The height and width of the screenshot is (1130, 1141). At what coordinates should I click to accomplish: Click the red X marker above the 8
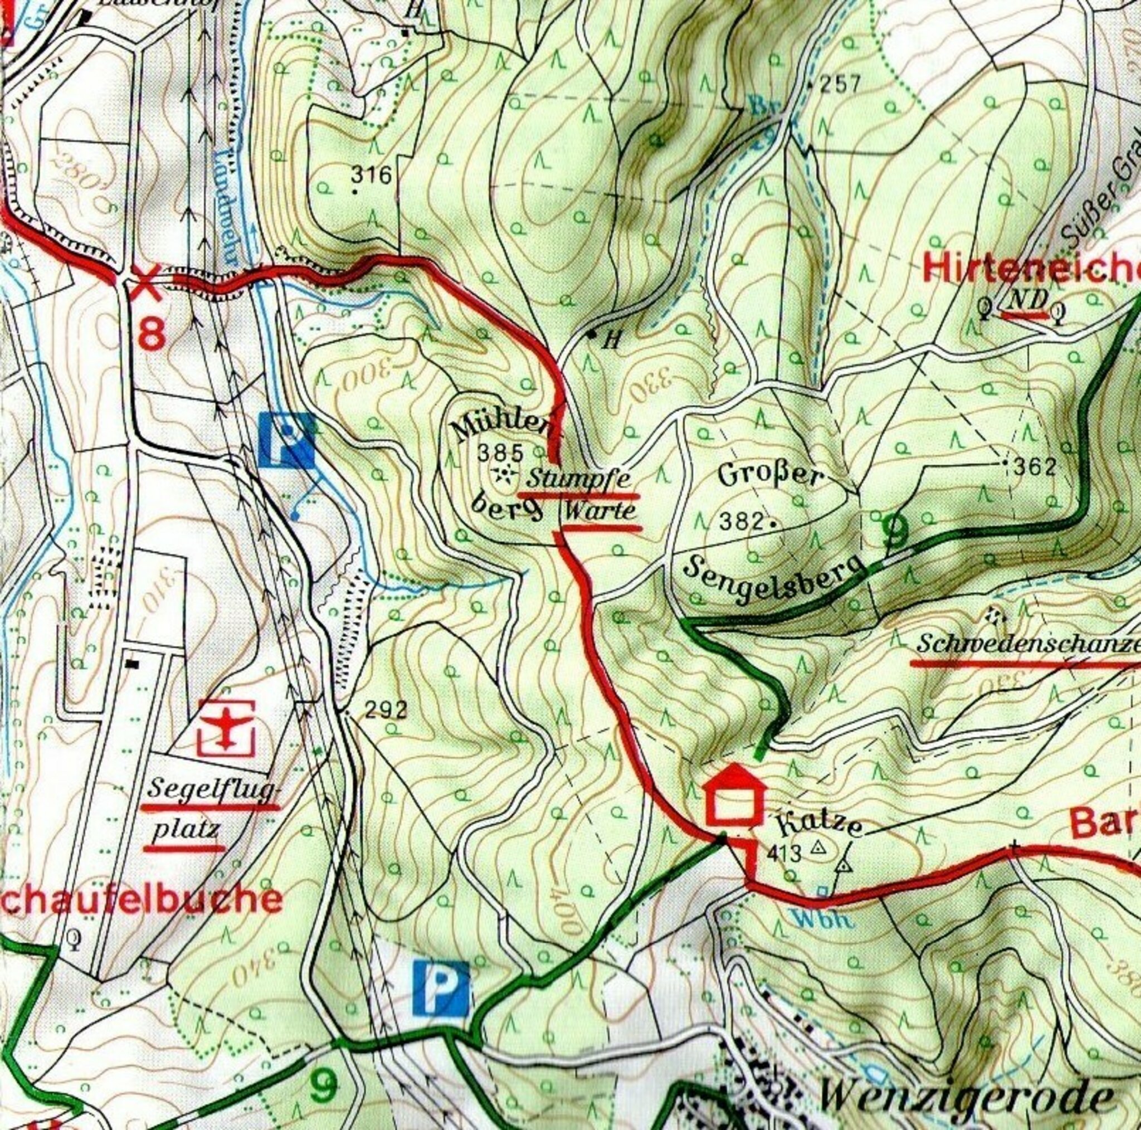click(146, 282)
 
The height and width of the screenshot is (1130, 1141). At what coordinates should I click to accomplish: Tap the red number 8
click(151, 334)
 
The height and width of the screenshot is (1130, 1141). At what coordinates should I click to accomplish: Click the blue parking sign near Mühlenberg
click(286, 440)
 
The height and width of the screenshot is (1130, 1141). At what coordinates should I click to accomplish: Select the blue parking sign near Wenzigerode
click(441, 985)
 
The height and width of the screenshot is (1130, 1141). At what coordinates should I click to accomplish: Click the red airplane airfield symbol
click(226, 728)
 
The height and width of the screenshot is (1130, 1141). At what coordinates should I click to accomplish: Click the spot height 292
click(386, 709)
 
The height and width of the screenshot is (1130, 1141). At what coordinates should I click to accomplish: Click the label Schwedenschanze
click(1027, 645)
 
